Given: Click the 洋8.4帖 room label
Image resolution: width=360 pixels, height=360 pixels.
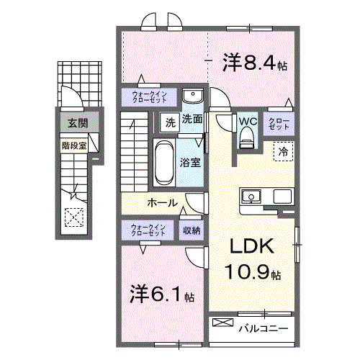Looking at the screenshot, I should point(255,63).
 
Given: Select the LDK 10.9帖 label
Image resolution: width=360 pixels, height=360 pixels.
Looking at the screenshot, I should point(251,259).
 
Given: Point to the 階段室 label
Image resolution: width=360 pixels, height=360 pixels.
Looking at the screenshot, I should point(74,143).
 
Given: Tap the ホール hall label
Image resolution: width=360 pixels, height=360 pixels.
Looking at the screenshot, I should point(163,203).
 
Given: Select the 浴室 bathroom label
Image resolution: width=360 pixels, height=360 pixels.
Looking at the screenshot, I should point(190,162).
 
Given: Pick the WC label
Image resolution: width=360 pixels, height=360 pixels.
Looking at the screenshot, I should point(247,120).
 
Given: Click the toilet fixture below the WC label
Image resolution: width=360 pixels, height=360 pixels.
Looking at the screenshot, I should point(247,138).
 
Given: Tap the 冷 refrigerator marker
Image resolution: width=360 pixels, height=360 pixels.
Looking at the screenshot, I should point(283,152).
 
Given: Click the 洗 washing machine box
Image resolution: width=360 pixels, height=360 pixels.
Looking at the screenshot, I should point(170,122).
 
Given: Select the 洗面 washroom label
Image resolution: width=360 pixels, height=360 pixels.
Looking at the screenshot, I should point(192,120).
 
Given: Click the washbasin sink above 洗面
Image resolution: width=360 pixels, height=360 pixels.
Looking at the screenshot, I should point(192,97).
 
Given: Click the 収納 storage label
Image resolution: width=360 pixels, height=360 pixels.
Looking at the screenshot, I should point(192,230).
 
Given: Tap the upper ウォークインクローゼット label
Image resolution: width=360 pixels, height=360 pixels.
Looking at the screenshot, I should point(150,96).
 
